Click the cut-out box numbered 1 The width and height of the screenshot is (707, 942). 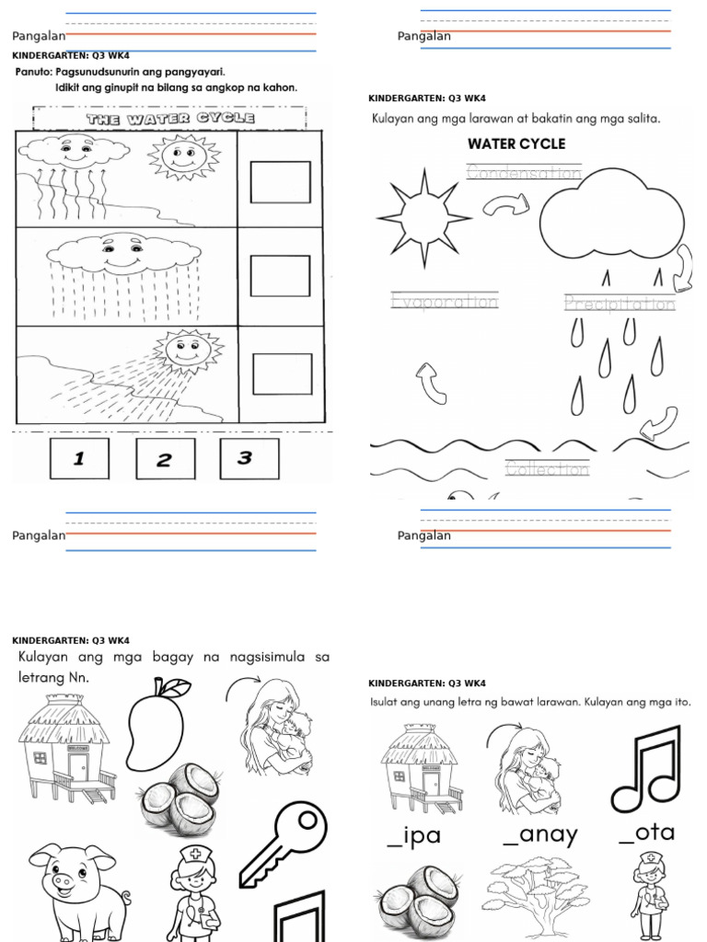coord(79,458)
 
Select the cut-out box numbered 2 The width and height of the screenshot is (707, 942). coord(165,458)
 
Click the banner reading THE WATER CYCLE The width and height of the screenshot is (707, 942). coord(170,119)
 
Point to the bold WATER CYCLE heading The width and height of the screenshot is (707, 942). coord(516,144)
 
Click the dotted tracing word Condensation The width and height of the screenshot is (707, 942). coord(524,172)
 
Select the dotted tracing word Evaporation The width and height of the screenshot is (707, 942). coord(444,302)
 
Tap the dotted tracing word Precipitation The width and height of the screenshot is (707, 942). coord(620,304)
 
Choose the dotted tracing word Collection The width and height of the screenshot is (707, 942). coord(547,469)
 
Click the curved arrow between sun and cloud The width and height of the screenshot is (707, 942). coord(506,207)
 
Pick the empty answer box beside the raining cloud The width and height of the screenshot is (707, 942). coord(281,276)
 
